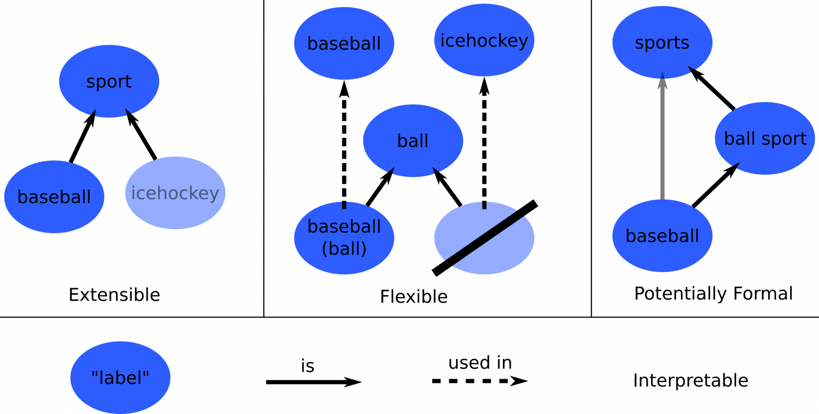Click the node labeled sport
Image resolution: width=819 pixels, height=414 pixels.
[x=109, y=81]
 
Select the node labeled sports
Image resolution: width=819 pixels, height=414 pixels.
[x=662, y=43]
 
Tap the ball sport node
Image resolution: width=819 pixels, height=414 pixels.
[x=765, y=138]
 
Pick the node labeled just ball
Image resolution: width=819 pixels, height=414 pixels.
[x=412, y=141]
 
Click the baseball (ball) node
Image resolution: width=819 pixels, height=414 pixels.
[x=344, y=238]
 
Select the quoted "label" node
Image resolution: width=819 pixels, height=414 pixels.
[x=120, y=377]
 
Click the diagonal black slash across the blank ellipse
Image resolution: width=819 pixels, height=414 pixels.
[x=484, y=238]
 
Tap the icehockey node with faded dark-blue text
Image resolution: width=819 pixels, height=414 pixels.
[x=175, y=193]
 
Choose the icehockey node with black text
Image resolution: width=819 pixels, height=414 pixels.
[x=484, y=41]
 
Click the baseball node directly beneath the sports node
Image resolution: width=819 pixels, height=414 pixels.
[x=662, y=236]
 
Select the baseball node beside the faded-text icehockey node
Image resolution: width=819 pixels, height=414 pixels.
[x=54, y=197]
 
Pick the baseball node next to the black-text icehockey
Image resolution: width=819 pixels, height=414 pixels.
[x=344, y=43]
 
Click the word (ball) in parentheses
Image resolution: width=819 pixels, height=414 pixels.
[x=344, y=249]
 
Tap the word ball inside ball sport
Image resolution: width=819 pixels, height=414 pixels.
[x=740, y=139]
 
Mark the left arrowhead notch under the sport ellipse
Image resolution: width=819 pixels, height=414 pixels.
[x=93, y=113]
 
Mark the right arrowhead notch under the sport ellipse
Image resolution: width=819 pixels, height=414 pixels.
[x=128, y=112]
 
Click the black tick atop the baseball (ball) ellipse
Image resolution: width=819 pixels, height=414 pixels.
[x=344, y=205]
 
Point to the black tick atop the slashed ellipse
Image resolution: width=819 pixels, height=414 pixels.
[x=484, y=205]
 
